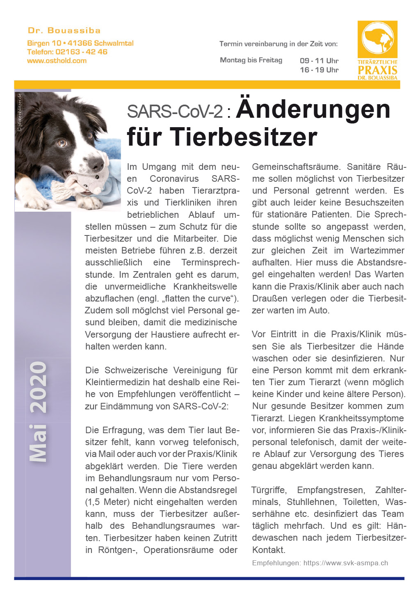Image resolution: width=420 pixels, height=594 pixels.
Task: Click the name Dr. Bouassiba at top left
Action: click(64, 30)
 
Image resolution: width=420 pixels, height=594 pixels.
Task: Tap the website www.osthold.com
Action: click(57, 61)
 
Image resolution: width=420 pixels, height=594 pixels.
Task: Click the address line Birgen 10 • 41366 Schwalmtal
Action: click(80, 43)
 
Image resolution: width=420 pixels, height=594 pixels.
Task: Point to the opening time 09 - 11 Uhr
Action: click(319, 61)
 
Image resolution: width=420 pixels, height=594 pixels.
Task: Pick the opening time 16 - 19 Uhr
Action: click(319, 70)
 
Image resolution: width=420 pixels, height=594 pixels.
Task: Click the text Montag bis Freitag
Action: click(251, 60)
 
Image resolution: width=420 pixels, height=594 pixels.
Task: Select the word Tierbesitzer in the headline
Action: click(244, 137)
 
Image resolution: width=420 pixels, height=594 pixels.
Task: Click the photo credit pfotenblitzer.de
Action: click(19, 112)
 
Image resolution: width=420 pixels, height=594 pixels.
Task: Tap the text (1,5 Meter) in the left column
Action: click(108, 502)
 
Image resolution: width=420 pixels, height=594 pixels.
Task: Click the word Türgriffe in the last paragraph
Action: click(269, 490)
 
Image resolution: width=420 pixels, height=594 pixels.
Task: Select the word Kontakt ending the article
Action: click(268, 550)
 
